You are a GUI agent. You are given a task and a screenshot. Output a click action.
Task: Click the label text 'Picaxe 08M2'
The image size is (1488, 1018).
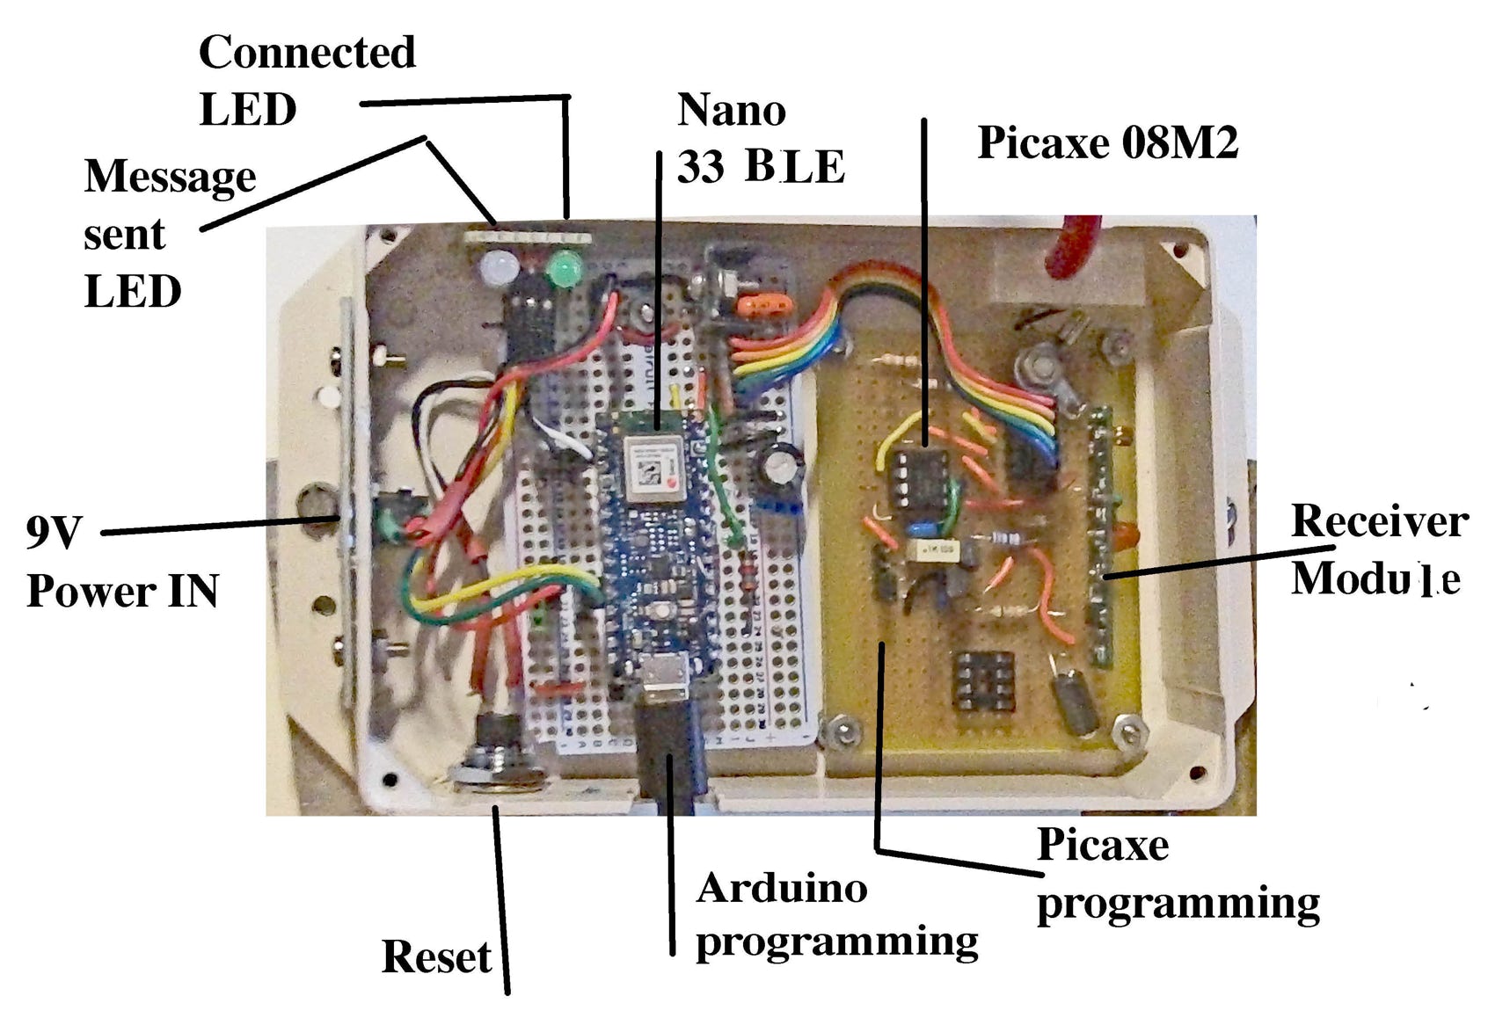(x=1107, y=142)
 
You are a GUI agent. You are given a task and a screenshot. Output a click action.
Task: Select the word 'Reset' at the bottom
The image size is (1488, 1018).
(x=436, y=956)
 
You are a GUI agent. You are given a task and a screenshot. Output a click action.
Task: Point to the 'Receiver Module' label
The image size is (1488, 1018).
(x=1378, y=549)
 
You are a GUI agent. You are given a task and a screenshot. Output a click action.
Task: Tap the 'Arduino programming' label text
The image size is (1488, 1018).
(x=835, y=914)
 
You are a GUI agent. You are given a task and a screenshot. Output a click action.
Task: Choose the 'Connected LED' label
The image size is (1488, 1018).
(x=307, y=81)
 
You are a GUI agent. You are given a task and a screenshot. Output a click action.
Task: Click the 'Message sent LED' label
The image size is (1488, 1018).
(x=169, y=233)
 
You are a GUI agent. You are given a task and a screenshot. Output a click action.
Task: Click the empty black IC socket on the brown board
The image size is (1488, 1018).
(x=984, y=681)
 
